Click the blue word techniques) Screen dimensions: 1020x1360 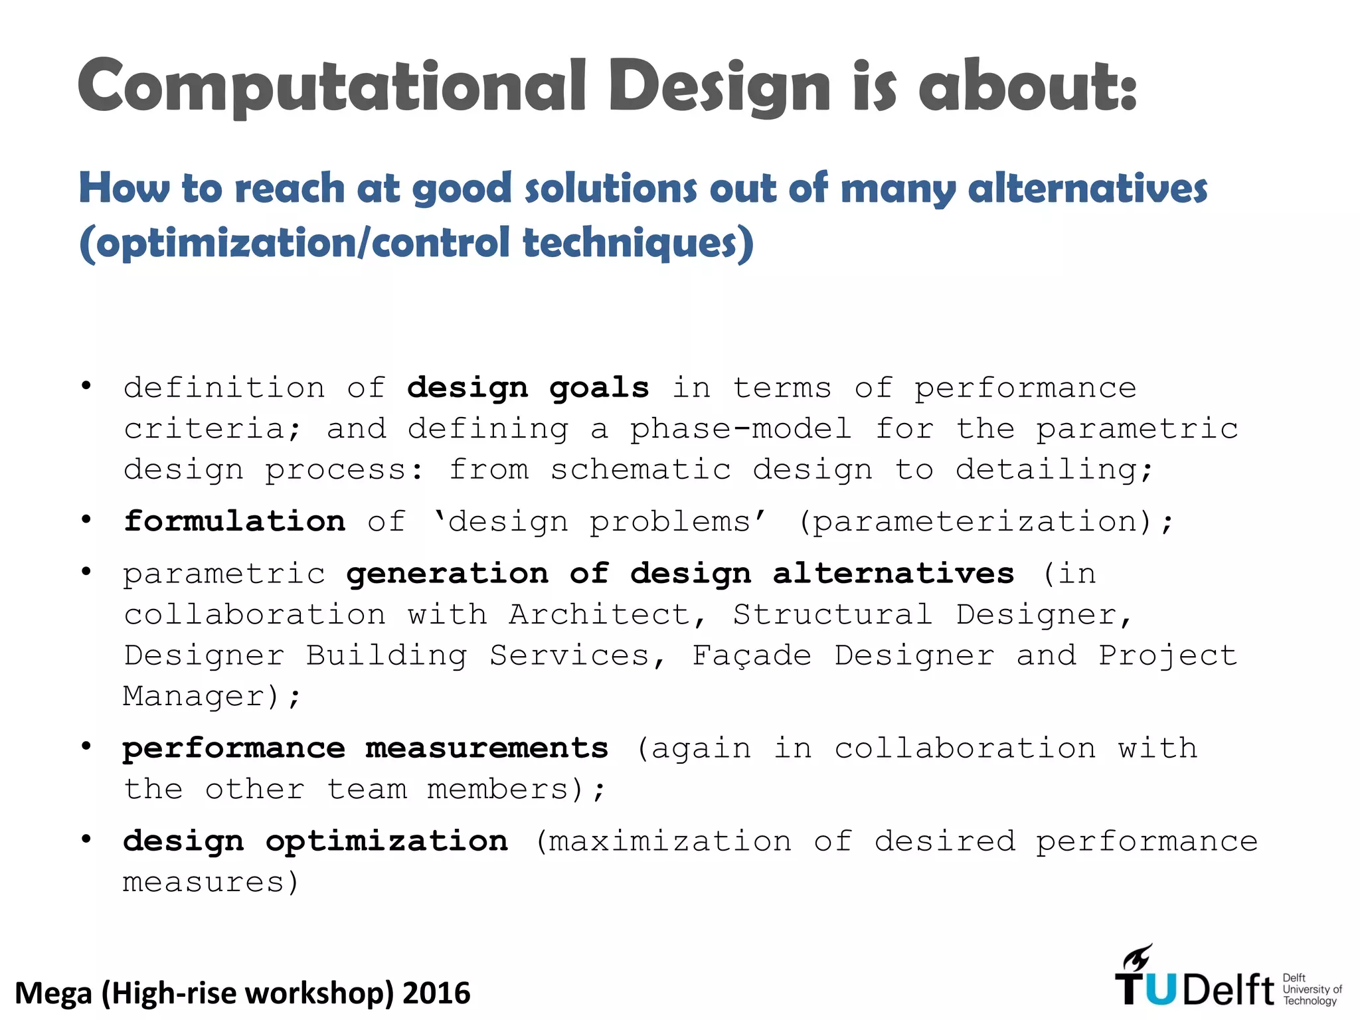point(638,243)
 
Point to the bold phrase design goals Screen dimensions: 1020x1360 point(528,388)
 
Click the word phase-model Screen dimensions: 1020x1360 point(740,429)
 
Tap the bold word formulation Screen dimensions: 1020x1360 point(234,522)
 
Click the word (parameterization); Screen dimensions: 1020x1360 point(985,522)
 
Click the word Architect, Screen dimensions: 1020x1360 point(608,615)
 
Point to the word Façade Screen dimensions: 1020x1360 point(751,656)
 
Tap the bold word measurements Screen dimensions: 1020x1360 point(487,749)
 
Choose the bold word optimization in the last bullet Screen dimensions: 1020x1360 point(387,842)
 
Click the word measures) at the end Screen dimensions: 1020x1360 point(211,883)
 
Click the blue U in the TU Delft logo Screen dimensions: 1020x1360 point(1160,989)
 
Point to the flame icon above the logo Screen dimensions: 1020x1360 point(1138,958)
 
